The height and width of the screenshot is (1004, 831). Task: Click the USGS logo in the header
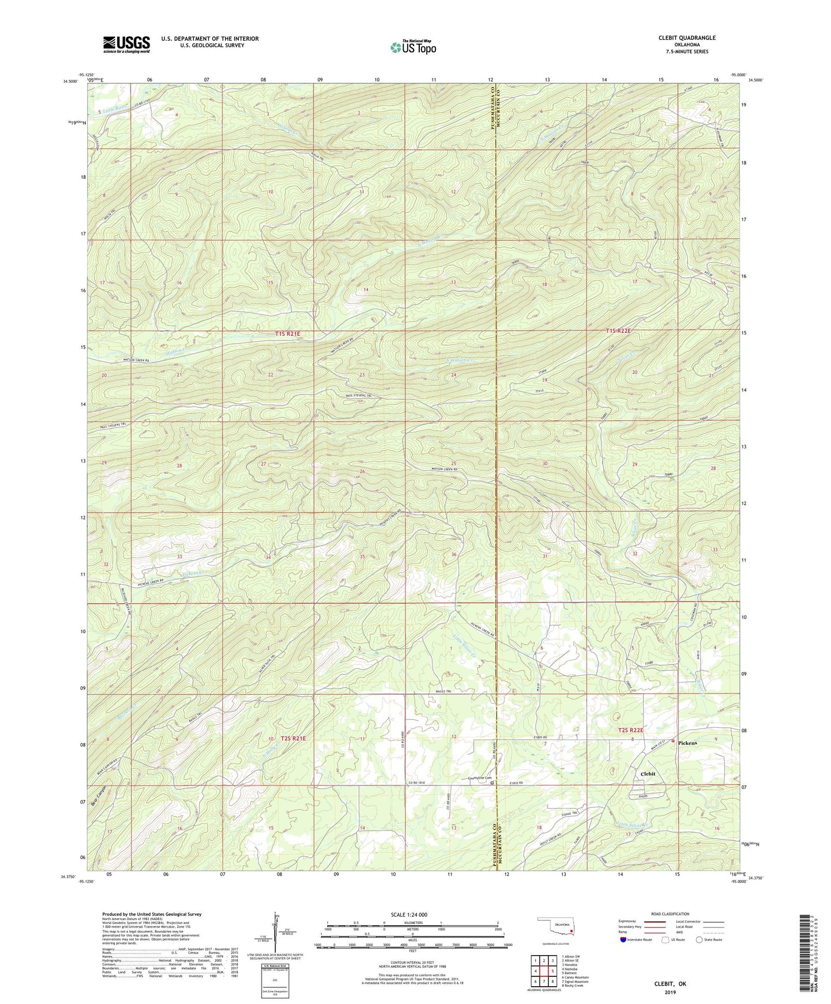(x=127, y=44)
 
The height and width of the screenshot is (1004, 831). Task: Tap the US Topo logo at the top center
(x=412, y=47)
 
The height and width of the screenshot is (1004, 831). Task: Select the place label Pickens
(x=687, y=743)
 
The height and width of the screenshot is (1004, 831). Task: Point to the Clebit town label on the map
(x=648, y=774)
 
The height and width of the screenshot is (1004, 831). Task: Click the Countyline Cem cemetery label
(x=480, y=779)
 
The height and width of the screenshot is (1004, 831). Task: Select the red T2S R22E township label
(x=630, y=730)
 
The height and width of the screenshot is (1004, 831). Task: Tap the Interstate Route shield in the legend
(x=623, y=940)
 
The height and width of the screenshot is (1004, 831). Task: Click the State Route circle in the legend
(x=699, y=940)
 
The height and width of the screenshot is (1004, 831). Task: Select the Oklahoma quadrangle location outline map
(x=556, y=927)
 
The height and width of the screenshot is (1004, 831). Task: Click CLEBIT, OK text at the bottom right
(x=670, y=984)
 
